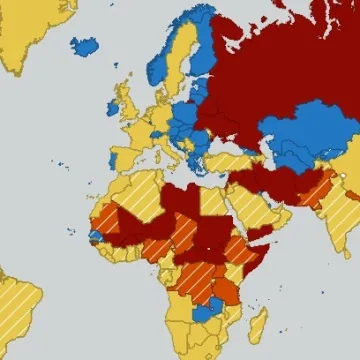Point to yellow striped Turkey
[x=225, y=160]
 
